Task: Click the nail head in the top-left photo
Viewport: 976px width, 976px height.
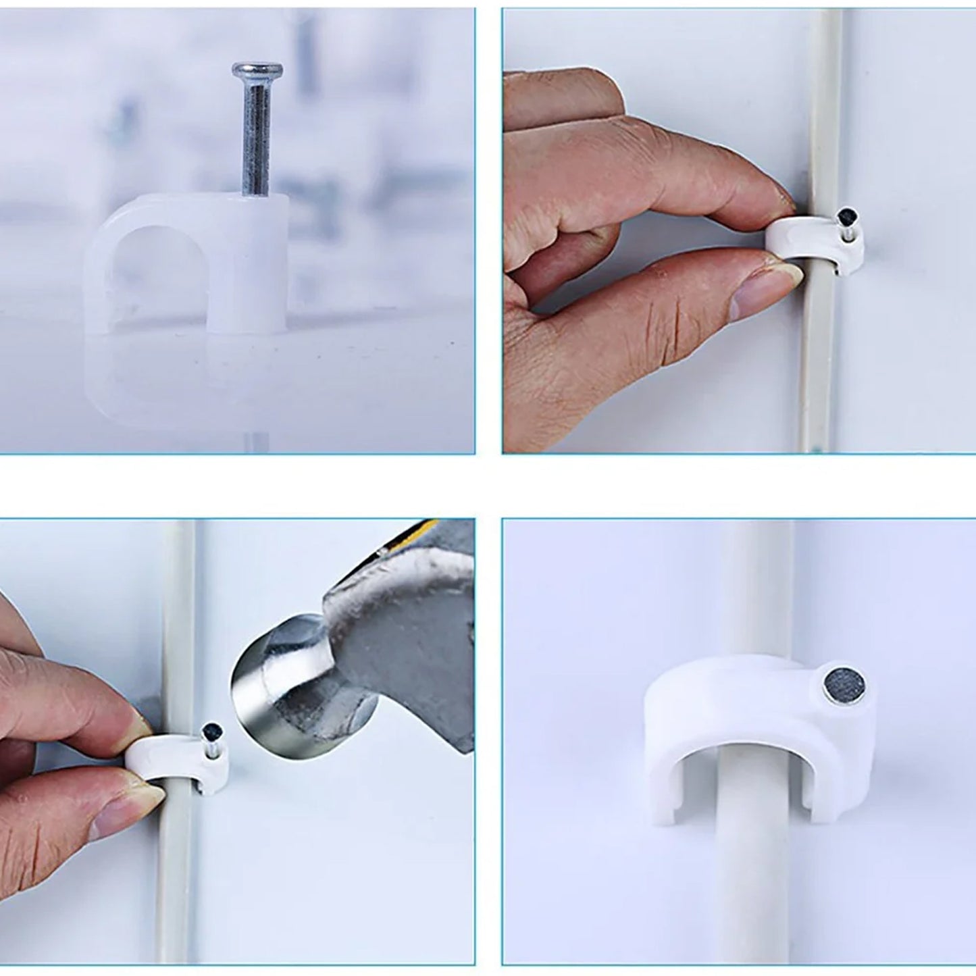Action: coord(257,69)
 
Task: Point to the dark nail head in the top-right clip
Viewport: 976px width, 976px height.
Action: coord(844,217)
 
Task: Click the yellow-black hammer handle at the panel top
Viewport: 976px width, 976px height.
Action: coord(432,530)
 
